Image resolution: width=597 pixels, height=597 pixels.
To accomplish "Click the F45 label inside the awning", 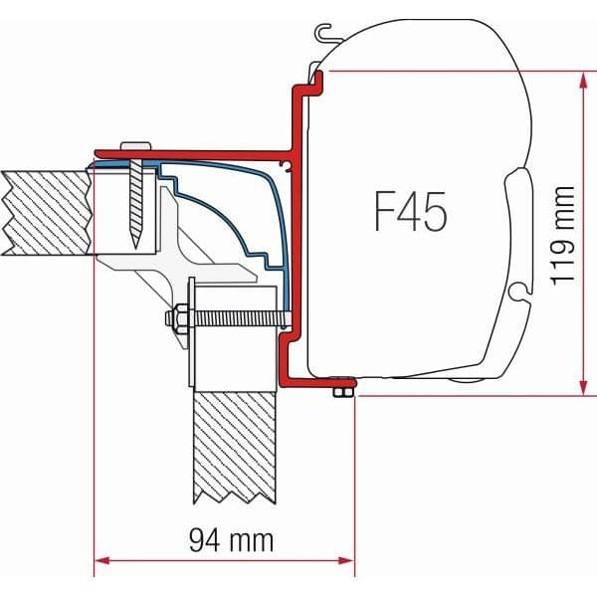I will click(410, 211).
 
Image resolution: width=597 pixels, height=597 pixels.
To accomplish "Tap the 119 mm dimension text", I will click(564, 235).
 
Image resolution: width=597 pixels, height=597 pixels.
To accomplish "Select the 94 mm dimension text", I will click(225, 542).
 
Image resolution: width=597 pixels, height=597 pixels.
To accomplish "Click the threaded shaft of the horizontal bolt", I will click(234, 321).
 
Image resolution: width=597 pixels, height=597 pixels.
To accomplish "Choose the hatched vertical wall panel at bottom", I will click(235, 448).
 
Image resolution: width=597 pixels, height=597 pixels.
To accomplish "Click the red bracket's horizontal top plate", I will click(199, 153).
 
